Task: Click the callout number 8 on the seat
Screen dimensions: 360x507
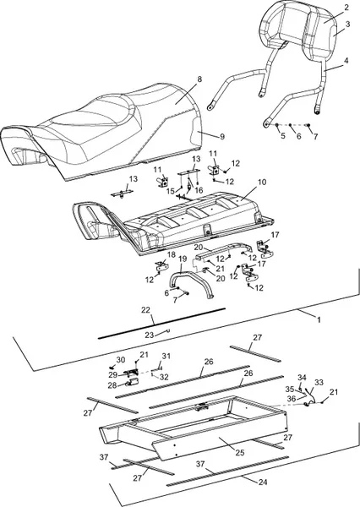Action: coord(199,79)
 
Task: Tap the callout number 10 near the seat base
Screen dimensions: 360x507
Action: coord(262,182)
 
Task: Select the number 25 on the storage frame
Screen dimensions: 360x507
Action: coord(240,453)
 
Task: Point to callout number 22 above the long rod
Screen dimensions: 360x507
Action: coord(146,310)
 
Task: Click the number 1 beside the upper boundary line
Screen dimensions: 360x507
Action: coord(319,319)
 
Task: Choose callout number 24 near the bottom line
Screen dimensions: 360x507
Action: coord(263,482)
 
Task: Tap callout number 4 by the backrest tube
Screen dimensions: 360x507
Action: coord(346,61)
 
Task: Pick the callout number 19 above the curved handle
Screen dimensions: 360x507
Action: coord(183,259)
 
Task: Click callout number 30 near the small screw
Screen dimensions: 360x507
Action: coord(121,360)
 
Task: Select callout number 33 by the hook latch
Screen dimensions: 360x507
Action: coord(319,383)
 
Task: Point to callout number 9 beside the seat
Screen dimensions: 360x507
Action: coord(222,137)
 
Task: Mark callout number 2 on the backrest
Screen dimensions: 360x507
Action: coord(346,8)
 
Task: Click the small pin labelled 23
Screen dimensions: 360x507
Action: coord(168,330)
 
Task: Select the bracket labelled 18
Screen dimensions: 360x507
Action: coord(161,266)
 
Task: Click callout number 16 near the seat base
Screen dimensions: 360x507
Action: coord(199,190)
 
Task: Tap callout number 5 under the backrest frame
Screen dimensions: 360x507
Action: coord(283,135)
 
